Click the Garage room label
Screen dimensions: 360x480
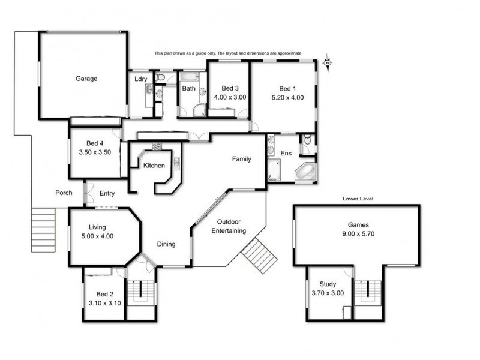pyautogui.click(x=86, y=79)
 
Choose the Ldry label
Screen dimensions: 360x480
pyautogui.click(x=141, y=79)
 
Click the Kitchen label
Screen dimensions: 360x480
pyautogui.click(x=154, y=166)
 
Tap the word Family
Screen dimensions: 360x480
pyautogui.click(x=242, y=159)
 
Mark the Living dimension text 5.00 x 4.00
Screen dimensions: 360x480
pyautogui.click(x=97, y=236)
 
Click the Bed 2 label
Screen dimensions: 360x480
pyautogui.click(x=105, y=295)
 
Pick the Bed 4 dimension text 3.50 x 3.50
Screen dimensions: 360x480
pyautogui.click(x=96, y=152)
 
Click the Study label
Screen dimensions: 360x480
pyautogui.click(x=328, y=284)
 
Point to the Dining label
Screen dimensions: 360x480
pyautogui.click(x=166, y=244)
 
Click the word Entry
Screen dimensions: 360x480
pyautogui.click(x=107, y=193)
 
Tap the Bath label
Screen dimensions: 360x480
pyautogui.click(x=189, y=88)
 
